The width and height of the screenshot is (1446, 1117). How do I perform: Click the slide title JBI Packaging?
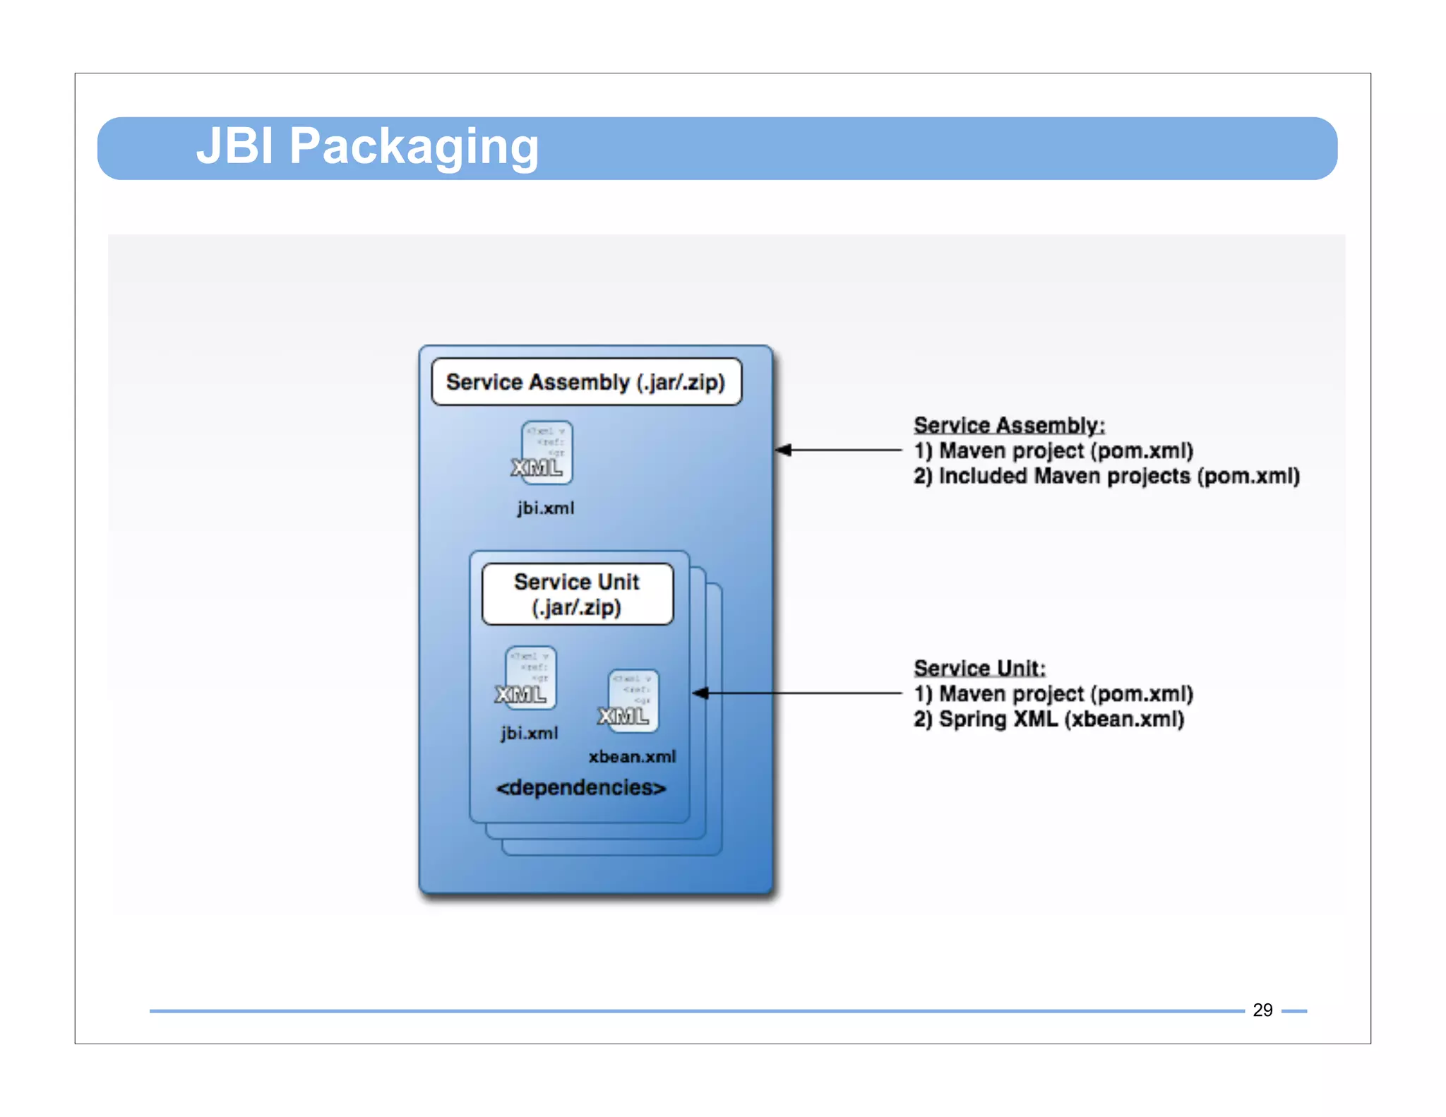pyautogui.click(x=367, y=146)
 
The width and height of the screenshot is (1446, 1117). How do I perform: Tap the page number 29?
pyautogui.click(x=1262, y=1010)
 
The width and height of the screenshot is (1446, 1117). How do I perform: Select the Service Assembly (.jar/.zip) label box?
pyautogui.click(x=586, y=382)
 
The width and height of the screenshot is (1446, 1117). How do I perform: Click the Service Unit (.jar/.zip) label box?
pyautogui.click(x=577, y=594)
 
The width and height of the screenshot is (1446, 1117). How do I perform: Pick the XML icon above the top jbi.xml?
pyautogui.click(x=543, y=454)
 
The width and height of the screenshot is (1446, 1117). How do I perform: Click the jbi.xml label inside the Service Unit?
pyautogui.click(x=530, y=733)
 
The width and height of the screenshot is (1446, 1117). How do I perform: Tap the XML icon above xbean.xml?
pyautogui.click(x=630, y=701)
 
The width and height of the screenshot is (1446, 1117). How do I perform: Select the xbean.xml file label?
pyautogui.click(x=632, y=756)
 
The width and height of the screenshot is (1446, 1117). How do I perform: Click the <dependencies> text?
pyautogui.click(x=580, y=787)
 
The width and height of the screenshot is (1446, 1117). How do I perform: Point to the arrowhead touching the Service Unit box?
pyautogui.click(x=700, y=693)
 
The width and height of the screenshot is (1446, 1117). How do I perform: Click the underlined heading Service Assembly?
pyautogui.click(x=1009, y=425)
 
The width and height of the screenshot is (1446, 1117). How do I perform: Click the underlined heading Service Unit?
pyautogui.click(x=979, y=668)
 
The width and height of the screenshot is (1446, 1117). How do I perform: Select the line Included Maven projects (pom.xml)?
pyautogui.click(x=1106, y=476)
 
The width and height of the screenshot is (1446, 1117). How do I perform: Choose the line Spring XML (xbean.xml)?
pyautogui.click(x=1048, y=719)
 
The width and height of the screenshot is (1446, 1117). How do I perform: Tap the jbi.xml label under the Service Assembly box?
pyautogui.click(x=545, y=508)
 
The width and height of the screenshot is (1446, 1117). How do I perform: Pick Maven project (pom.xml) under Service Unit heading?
pyautogui.click(x=1053, y=693)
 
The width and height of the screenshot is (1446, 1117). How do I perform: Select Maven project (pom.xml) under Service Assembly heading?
pyautogui.click(x=1053, y=450)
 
